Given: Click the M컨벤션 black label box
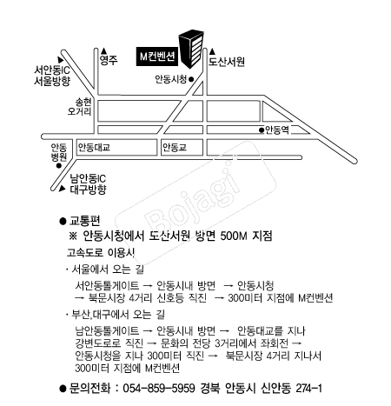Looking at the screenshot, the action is pyautogui.click(x=156, y=56).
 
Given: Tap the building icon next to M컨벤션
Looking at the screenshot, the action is pyautogui.click(x=191, y=48).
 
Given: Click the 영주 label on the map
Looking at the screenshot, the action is pyautogui.click(x=109, y=60).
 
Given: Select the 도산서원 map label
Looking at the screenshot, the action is pyautogui.click(x=227, y=62).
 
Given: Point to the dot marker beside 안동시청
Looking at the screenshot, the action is pyautogui.click(x=191, y=79).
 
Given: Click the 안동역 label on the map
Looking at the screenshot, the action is pyautogui.click(x=277, y=130).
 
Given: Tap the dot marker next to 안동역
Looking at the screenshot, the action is pyautogui.click(x=262, y=130).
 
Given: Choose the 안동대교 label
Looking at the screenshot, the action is pyautogui.click(x=94, y=148).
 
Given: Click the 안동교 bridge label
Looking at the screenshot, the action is pyautogui.click(x=175, y=148).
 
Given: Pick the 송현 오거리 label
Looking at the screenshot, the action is pyautogui.click(x=80, y=107).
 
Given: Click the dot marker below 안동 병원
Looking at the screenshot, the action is pyautogui.click(x=59, y=166).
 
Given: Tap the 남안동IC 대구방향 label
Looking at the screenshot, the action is pyautogui.click(x=88, y=183).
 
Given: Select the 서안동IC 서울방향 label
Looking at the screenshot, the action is pyautogui.click(x=52, y=76).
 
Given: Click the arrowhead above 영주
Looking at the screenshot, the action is pyautogui.click(x=104, y=50).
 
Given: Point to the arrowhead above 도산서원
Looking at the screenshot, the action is pyautogui.click(x=212, y=51).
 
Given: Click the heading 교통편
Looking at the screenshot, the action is pyautogui.click(x=84, y=221).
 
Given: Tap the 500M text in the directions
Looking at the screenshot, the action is pyautogui.click(x=234, y=236).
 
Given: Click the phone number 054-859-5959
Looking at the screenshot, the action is pyautogui.click(x=159, y=388).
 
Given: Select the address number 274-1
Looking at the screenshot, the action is pyautogui.click(x=308, y=388).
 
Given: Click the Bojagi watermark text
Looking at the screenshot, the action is pyautogui.click(x=194, y=201).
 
